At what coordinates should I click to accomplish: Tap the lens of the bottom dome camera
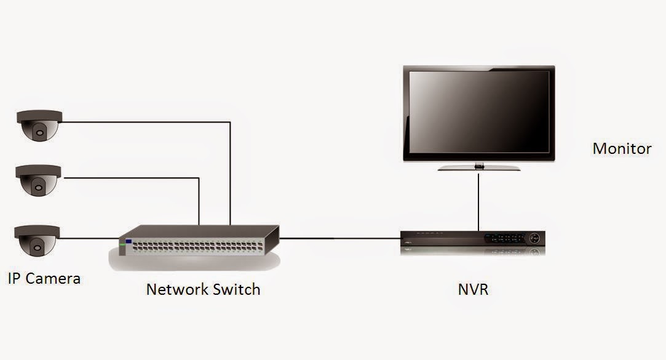[38, 248]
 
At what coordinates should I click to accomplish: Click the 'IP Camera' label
[44, 278]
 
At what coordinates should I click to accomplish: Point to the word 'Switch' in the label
[236, 289]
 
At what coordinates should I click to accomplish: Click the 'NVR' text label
[473, 289]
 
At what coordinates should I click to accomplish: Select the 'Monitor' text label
[621, 148]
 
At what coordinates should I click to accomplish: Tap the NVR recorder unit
[472, 239]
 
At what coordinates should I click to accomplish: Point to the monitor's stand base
[479, 167]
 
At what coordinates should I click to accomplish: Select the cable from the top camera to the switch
[148, 122]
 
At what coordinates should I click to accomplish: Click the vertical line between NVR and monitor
[478, 200]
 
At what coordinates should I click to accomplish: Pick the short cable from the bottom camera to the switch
[89, 239]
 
